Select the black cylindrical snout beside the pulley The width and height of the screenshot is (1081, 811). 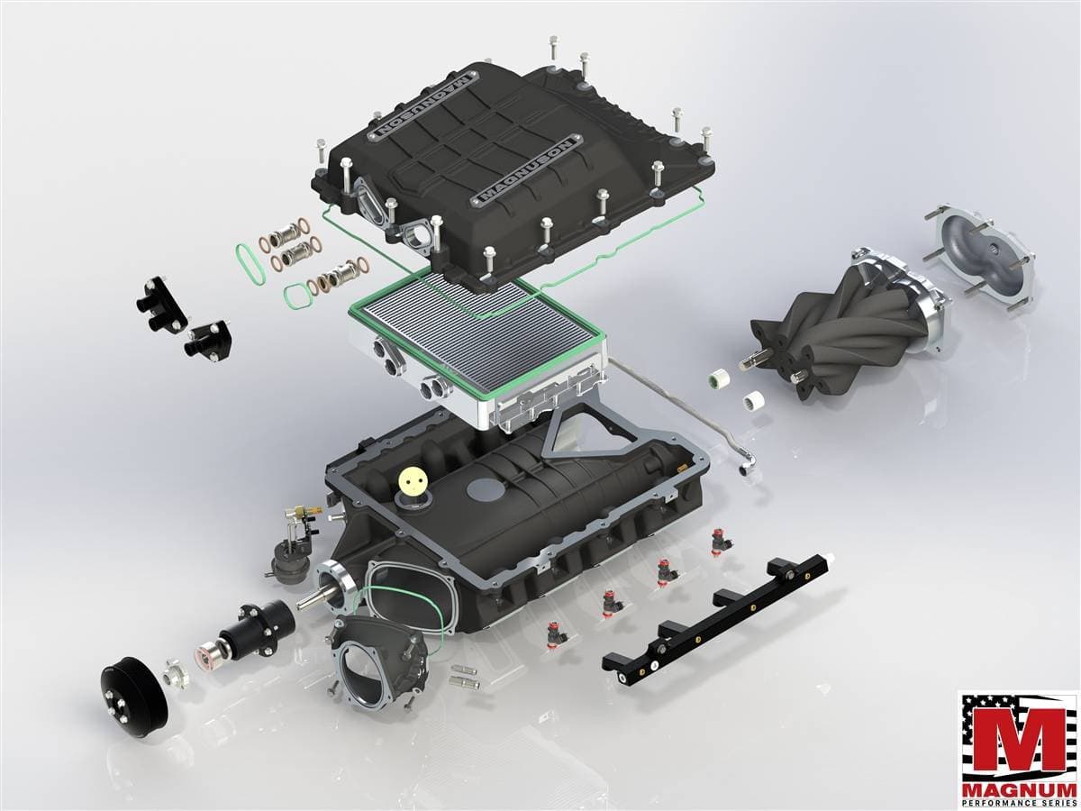(x=256, y=633)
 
